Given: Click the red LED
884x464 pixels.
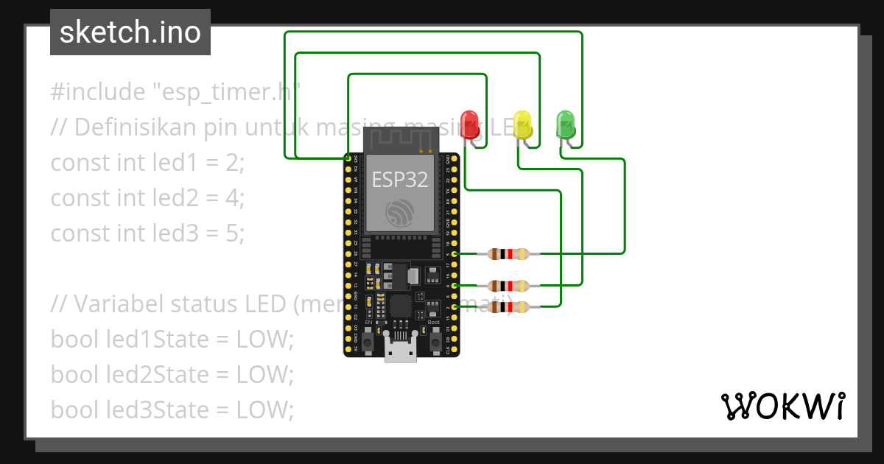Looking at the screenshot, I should (x=469, y=123).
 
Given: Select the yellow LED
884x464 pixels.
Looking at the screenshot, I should (x=522, y=123).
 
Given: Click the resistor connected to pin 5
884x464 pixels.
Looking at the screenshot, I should (x=508, y=254).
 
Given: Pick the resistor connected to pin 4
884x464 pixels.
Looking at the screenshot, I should (x=508, y=285).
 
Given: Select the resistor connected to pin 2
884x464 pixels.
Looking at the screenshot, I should (x=508, y=306).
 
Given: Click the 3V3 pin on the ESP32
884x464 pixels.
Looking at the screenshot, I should (x=348, y=158).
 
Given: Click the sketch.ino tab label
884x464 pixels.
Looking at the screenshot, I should (x=130, y=32).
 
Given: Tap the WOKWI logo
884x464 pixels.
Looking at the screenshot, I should (x=782, y=406).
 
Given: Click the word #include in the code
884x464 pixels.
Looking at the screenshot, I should (x=98, y=92).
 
